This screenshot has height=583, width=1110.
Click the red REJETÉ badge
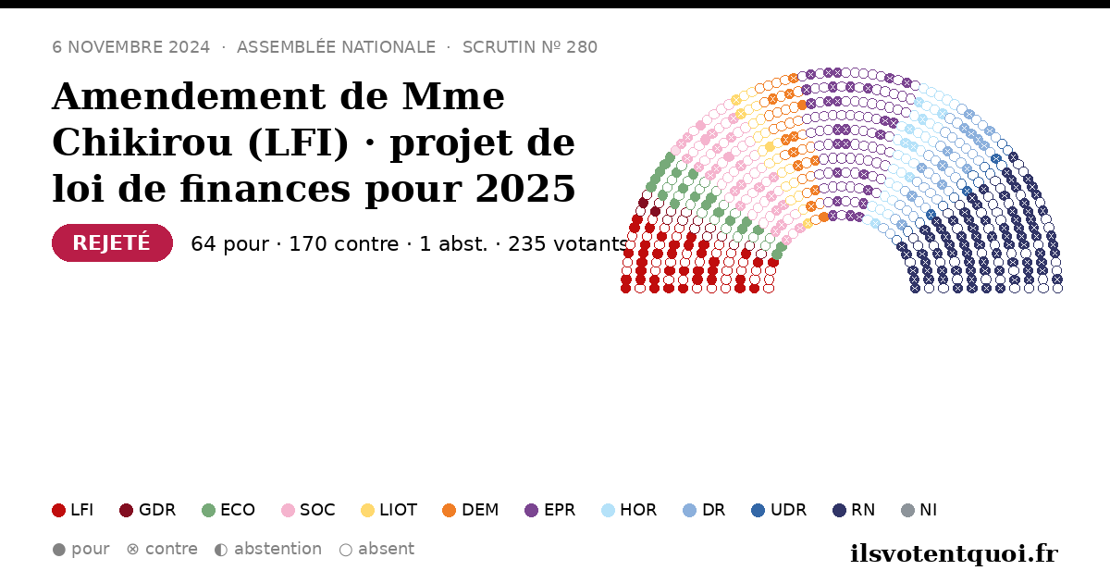(x=112, y=242)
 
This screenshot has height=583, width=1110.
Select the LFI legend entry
(x=73, y=510)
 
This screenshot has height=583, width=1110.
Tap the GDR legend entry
(x=148, y=510)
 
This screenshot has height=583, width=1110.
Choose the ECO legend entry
(x=228, y=510)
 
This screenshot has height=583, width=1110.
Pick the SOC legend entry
(x=308, y=510)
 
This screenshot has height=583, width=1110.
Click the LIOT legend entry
(x=389, y=510)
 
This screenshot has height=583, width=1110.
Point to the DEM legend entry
(x=470, y=510)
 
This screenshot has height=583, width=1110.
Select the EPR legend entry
(x=550, y=510)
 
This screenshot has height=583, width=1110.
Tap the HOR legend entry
(x=629, y=510)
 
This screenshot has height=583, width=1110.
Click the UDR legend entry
(x=779, y=510)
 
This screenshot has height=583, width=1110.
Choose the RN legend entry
(x=854, y=510)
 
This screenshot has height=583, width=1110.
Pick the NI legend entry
(x=919, y=510)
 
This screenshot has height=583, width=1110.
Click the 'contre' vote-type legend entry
(x=162, y=550)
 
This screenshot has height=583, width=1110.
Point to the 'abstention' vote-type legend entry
(x=268, y=550)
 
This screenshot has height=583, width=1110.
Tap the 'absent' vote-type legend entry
(x=376, y=550)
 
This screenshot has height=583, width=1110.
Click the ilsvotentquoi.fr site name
(x=954, y=553)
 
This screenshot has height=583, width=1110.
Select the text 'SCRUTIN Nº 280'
(x=530, y=47)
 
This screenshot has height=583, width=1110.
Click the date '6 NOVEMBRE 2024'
(x=130, y=47)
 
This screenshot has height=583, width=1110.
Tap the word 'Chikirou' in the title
(x=142, y=143)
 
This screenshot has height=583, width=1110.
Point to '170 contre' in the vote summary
(x=343, y=244)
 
